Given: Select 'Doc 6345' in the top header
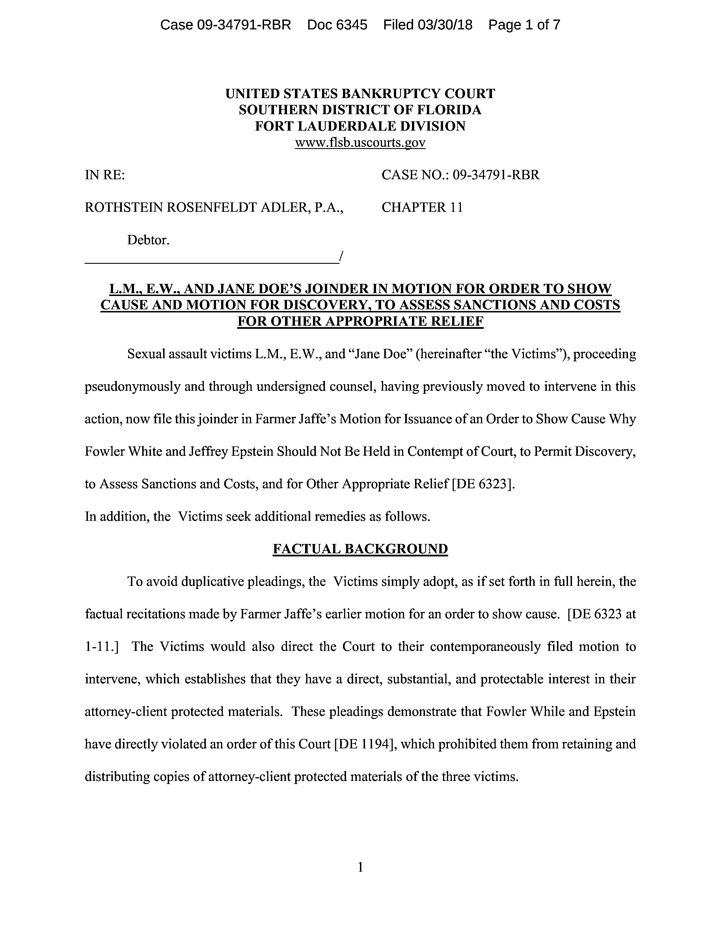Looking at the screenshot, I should pyautogui.click(x=337, y=25).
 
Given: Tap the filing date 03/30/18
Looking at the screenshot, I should pyautogui.click(x=445, y=25).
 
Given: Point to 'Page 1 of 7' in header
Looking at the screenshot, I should pyautogui.click(x=524, y=25).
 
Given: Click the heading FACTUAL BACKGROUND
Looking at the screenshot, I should pyautogui.click(x=360, y=549).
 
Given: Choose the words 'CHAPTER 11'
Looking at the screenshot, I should pyautogui.click(x=422, y=207).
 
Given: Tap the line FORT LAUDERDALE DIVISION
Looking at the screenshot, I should pyautogui.click(x=360, y=126).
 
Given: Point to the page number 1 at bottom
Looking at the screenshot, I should pyautogui.click(x=360, y=867).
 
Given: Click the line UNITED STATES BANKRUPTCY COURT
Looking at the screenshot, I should pyautogui.click(x=360, y=94).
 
